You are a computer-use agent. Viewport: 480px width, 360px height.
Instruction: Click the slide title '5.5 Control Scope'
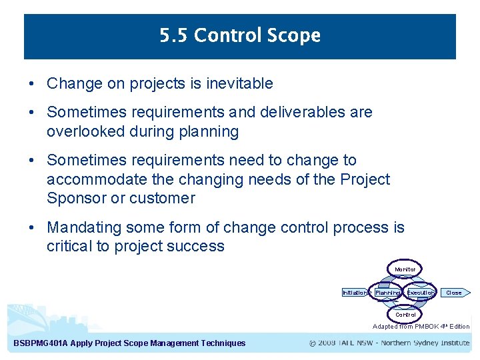(240, 35)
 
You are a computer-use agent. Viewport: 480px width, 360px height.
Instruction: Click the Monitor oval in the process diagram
(405, 269)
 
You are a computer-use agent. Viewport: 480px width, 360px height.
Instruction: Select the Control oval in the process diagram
(405, 315)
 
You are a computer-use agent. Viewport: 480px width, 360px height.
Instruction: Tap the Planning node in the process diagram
(387, 293)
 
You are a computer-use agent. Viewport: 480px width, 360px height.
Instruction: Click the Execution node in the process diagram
(421, 293)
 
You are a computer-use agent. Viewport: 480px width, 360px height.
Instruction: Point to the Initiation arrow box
(355, 293)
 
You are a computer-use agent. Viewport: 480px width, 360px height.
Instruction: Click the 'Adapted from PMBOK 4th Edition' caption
(421, 327)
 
